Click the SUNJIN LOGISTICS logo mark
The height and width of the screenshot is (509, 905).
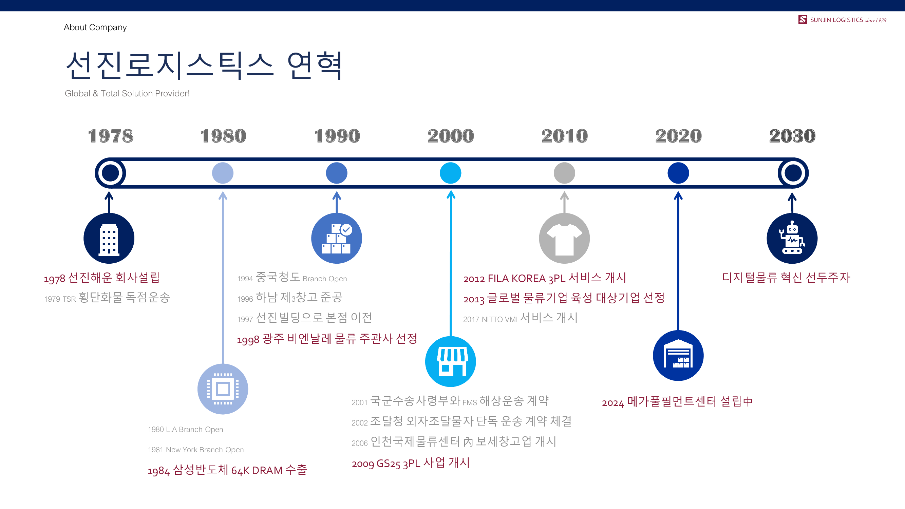(x=803, y=19)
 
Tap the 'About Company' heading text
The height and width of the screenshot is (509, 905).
(x=95, y=27)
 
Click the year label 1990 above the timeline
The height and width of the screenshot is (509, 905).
(x=337, y=136)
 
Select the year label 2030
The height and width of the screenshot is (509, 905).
(x=792, y=136)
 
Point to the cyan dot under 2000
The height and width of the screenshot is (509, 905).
(x=450, y=173)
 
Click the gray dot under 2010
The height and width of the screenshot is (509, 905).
(x=564, y=173)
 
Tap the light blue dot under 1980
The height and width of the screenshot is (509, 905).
(x=223, y=173)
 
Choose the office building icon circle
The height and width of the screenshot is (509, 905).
(x=109, y=238)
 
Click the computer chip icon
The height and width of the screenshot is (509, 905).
(x=223, y=389)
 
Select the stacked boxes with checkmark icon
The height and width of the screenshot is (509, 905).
(x=337, y=238)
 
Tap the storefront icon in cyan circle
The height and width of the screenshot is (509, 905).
(x=450, y=361)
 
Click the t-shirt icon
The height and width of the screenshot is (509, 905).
(x=564, y=238)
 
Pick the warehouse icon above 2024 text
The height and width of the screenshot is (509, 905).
(x=678, y=356)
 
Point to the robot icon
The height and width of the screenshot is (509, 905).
(x=792, y=238)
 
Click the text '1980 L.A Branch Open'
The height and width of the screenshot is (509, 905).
(x=186, y=429)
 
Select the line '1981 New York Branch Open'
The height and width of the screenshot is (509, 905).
(x=196, y=450)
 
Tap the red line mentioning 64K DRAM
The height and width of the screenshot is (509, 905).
(x=227, y=470)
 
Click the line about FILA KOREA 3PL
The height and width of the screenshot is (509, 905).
(x=545, y=278)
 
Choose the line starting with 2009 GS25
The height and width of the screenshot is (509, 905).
(x=411, y=463)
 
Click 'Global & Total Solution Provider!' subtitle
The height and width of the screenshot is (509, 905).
(x=127, y=93)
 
